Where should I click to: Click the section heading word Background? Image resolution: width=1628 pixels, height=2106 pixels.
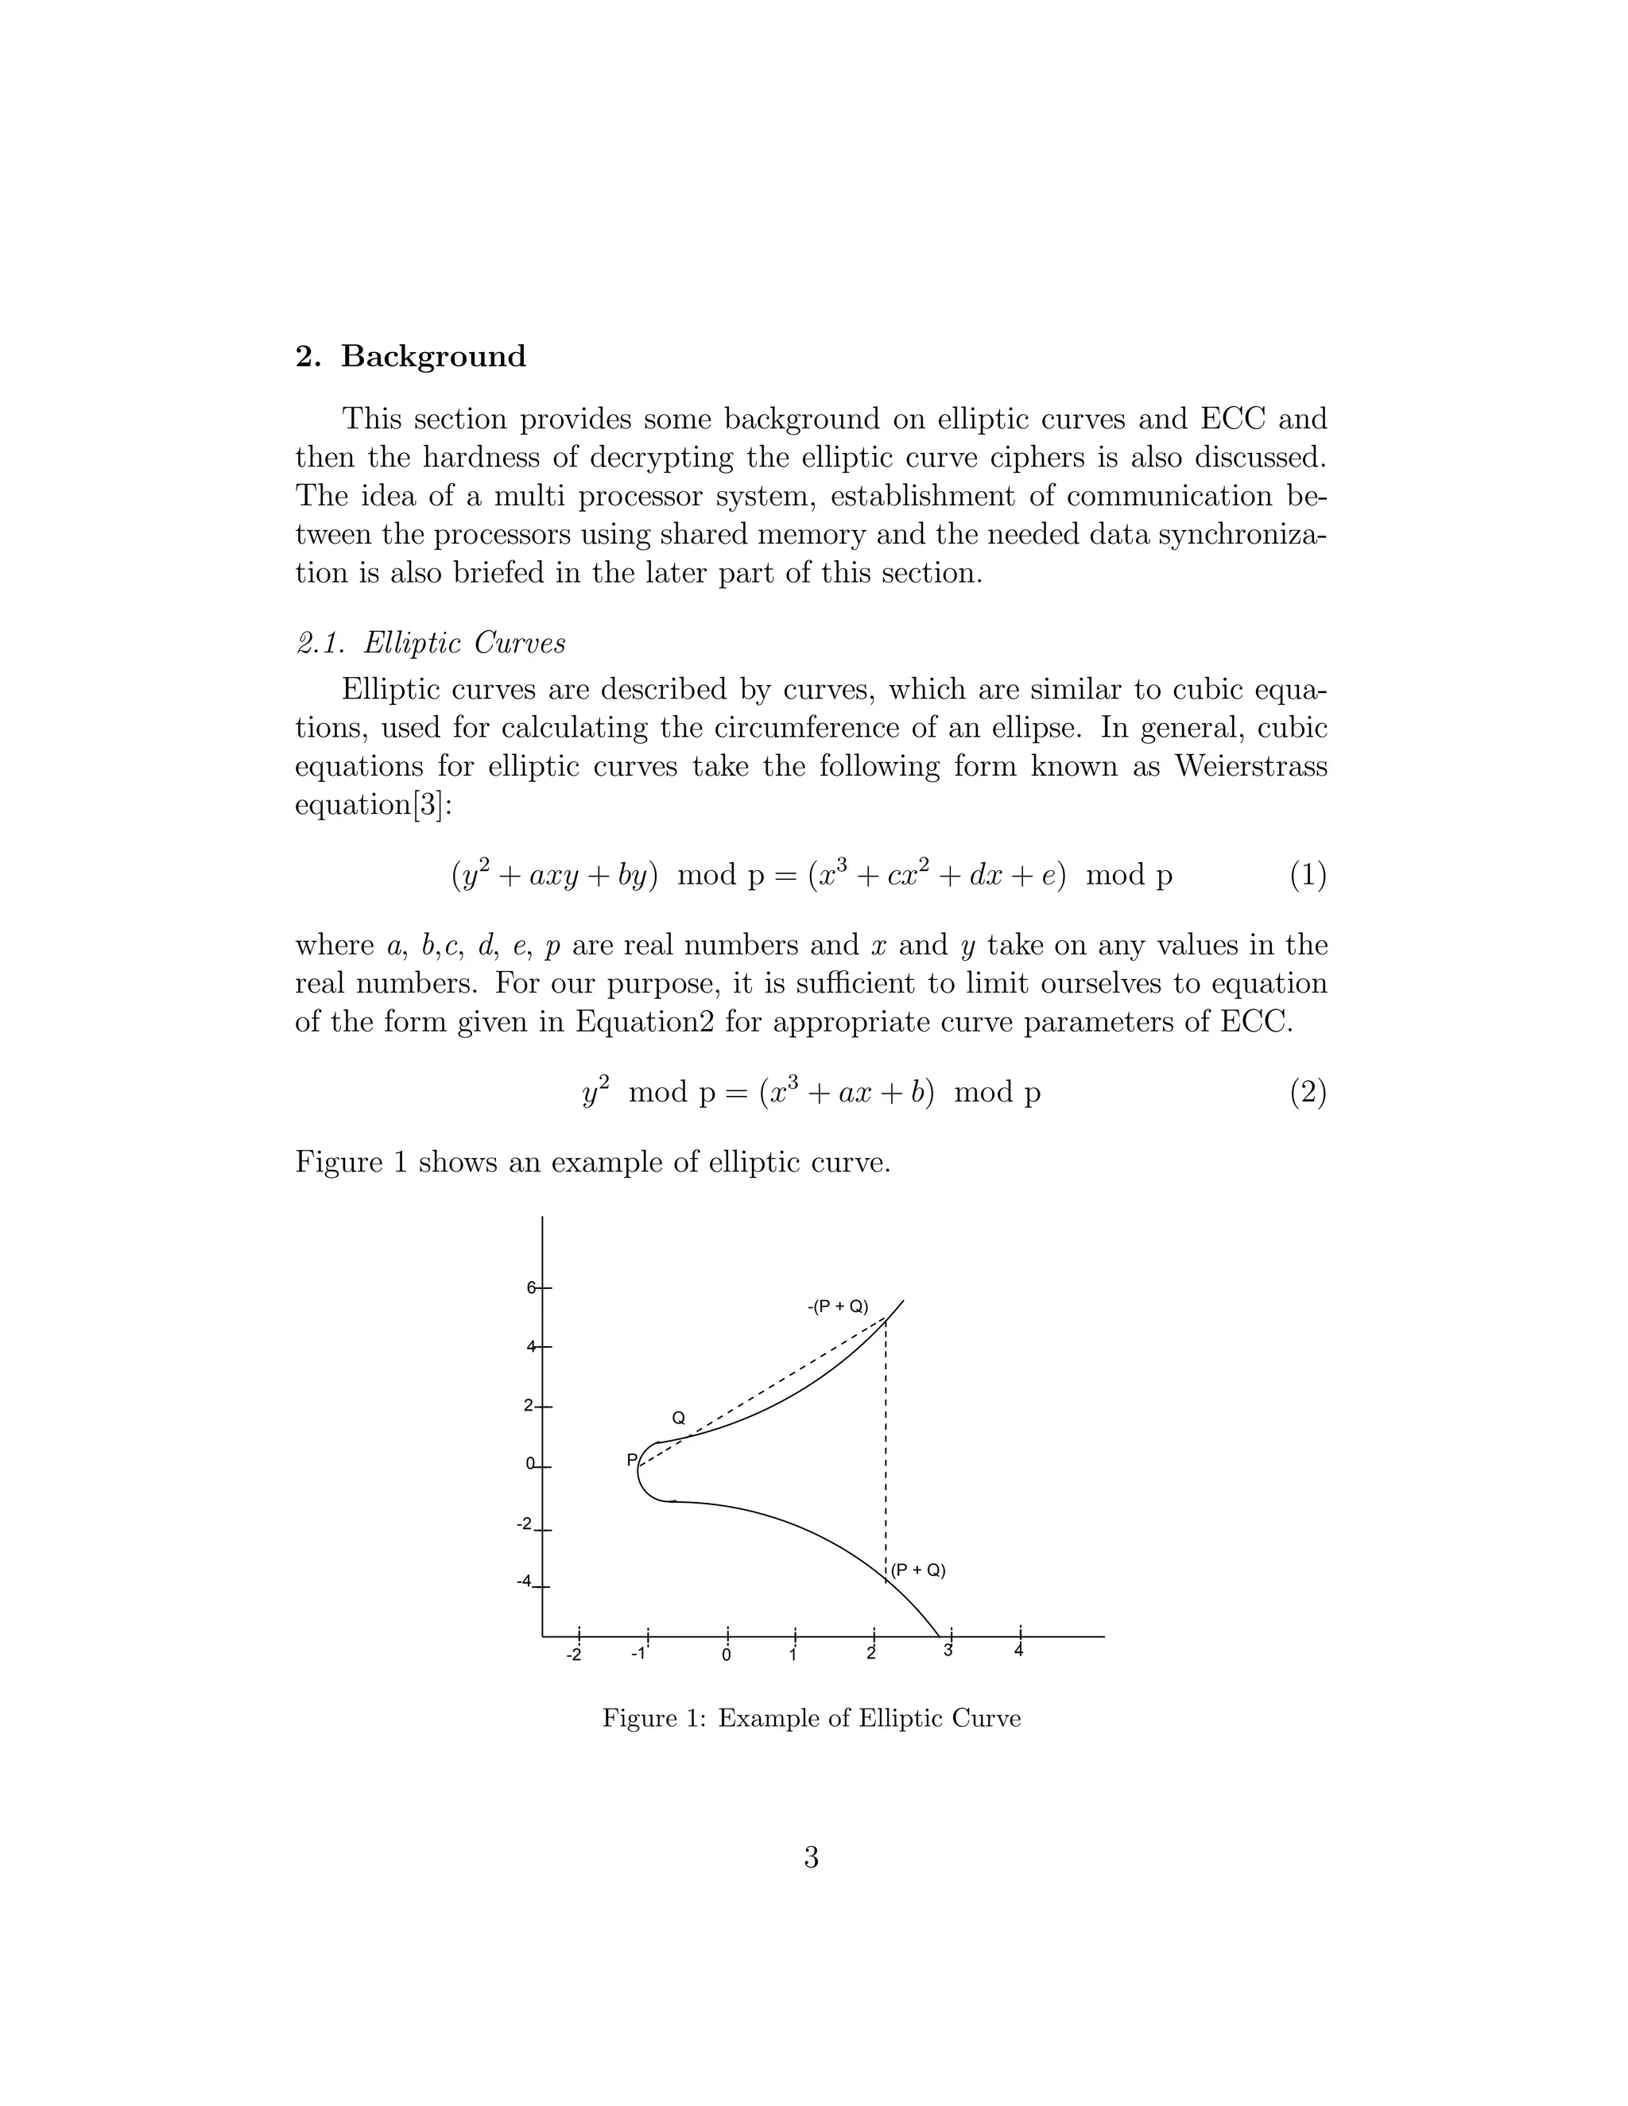433,357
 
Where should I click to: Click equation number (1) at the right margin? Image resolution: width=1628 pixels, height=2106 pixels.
1308,876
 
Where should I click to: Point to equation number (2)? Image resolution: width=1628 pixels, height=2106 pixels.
1308,1093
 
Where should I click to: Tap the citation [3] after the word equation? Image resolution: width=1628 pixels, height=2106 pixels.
429,805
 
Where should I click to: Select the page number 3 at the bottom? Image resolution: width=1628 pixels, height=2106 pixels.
811,1856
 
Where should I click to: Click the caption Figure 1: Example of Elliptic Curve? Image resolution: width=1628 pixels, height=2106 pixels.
811,1718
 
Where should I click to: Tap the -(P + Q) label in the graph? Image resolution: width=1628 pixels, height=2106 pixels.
837,1307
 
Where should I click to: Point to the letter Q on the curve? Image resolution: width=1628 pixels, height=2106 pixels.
678,1419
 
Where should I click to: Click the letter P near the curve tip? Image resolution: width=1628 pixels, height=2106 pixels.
632,1460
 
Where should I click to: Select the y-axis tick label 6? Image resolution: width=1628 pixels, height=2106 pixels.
530,1287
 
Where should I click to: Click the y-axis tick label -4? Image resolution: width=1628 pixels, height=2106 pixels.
524,1581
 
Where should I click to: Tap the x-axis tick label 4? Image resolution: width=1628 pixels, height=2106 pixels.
1018,1651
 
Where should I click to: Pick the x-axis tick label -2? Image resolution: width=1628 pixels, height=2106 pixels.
574,1655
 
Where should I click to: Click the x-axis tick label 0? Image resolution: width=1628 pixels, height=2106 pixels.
727,1655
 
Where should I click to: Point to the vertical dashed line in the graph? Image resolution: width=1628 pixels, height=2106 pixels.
886,1446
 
